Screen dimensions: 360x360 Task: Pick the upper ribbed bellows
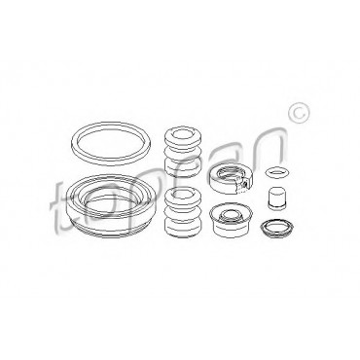click(x=183, y=154)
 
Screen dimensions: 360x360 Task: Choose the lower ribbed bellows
click(x=184, y=212)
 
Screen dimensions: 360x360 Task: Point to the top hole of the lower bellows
click(x=183, y=194)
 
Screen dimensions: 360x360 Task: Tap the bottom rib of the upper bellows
click(x=183, y=169)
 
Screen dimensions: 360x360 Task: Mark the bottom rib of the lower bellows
click(x=184, y=229)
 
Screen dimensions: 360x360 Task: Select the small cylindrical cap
click(x=277, y=198)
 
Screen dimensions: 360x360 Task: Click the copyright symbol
click(x=299, y=113)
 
